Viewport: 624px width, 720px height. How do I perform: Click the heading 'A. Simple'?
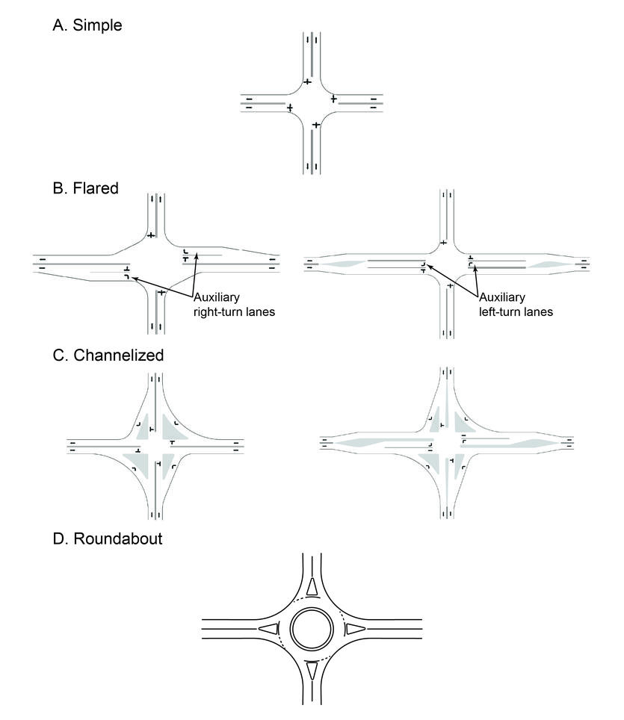87,25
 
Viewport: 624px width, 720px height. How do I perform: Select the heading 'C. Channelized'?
108,356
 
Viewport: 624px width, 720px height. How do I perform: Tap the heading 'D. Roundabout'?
108,537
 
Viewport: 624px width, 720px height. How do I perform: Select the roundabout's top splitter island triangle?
311,586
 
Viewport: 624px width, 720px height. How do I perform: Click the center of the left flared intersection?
155,263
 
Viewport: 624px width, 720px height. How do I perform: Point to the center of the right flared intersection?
447,263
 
